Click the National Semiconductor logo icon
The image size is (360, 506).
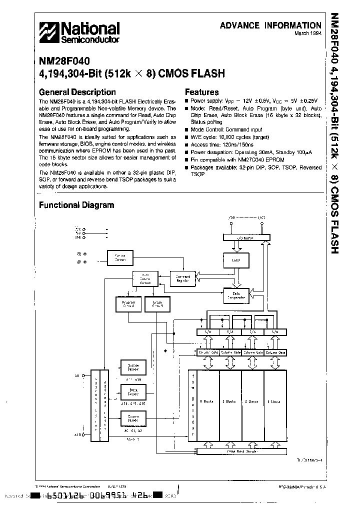click(49, 32)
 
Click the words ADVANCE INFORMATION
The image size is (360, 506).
click(270, 25)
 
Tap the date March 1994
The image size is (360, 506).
click(307, 34)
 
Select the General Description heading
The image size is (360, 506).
click(77, 92)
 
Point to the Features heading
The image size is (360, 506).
click(201, 92)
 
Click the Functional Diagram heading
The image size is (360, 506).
click(76, 205)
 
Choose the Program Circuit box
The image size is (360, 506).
click(125, 304)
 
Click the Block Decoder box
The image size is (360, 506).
click(133, 391)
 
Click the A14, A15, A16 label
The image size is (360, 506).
click(133, 402)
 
